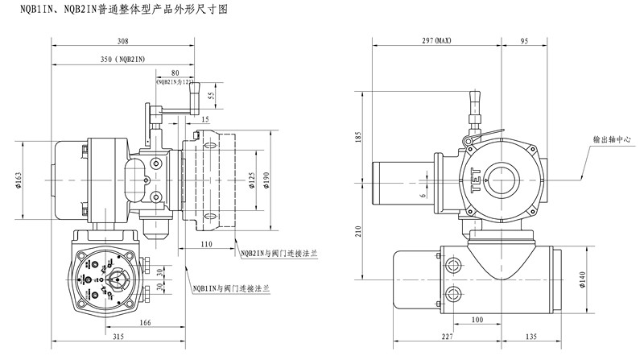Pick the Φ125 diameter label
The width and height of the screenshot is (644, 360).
(x=251, y=179)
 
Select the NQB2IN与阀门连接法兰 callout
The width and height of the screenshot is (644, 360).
(x=278, y=253)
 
